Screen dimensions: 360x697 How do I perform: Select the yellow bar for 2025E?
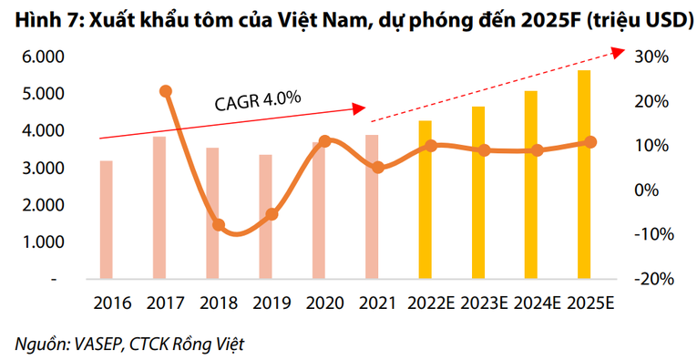584,173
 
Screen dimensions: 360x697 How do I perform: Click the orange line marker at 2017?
166,91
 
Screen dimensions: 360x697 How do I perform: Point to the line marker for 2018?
219,224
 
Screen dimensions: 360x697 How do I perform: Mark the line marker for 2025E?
590,142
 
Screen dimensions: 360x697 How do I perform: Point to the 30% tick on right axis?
653,57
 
